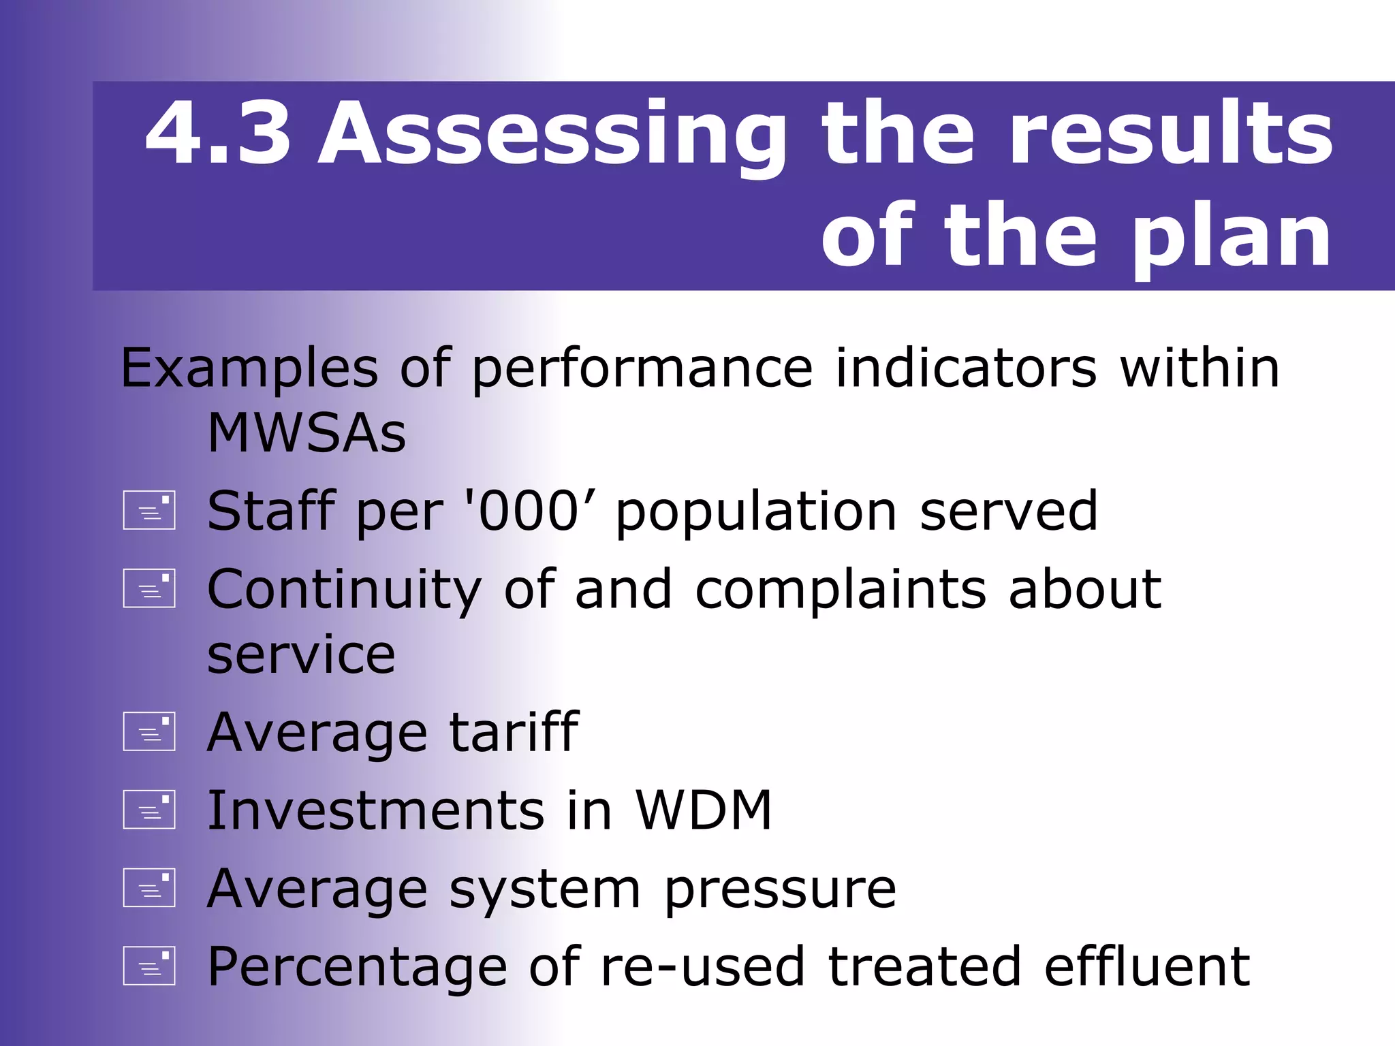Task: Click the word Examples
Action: [249, 369]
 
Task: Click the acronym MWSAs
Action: [307, 434]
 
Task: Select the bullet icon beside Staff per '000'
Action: [149, 511]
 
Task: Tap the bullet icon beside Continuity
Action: [149, 588]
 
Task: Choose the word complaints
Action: [841, 591]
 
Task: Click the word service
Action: [301, 655]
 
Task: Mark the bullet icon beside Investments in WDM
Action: [149, 810]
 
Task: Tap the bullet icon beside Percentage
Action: [149, 966]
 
